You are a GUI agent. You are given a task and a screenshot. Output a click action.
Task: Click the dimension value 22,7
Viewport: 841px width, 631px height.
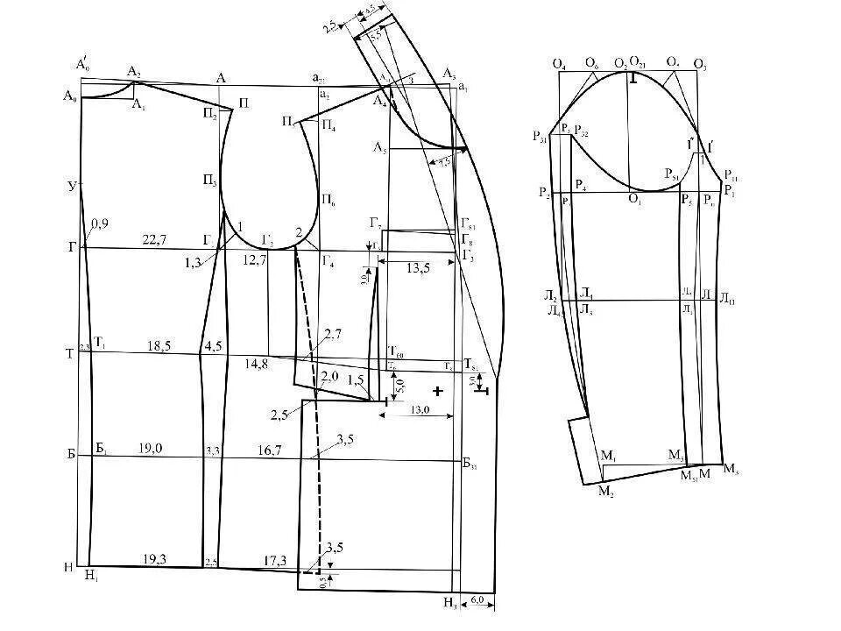(154, 239)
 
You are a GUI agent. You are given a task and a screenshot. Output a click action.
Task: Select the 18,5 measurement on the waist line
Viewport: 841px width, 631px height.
(159, 347)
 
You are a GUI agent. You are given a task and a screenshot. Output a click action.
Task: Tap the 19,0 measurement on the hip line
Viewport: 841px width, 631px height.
(151, 448)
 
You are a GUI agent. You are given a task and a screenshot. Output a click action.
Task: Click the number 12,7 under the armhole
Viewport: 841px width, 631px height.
(254, 259)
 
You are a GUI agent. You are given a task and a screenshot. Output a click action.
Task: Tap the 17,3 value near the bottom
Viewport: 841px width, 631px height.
(275, 558)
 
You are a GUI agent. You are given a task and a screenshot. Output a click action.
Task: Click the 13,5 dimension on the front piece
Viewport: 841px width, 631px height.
(419, 268)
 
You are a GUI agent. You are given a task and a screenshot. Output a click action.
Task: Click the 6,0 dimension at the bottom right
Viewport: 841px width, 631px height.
(477, 600)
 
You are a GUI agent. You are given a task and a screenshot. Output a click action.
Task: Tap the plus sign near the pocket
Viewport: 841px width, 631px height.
(437, 389)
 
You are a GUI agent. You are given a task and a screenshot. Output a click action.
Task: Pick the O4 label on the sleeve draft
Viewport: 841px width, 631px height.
(559, 64)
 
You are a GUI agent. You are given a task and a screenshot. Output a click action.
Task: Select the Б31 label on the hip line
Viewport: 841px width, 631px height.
(470, 463)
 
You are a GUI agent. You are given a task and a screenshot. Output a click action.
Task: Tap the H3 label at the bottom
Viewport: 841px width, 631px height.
(449, 602)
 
